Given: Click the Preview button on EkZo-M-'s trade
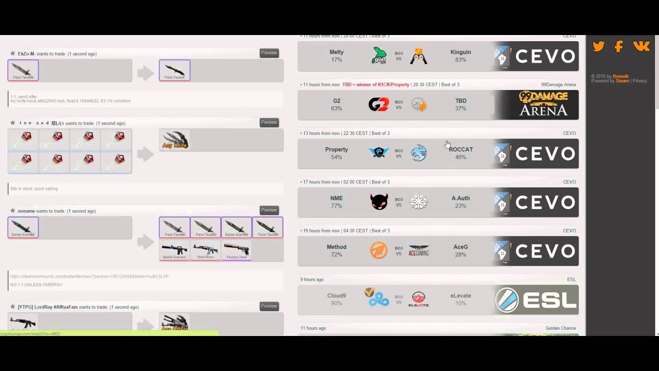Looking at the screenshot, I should tap(269, 53).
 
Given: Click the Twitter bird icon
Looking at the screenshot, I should tap(598, 46).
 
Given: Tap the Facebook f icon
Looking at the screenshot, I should tap(619, 46).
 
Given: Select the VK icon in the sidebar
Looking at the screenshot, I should tap(641, 46).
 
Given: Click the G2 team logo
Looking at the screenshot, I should tap(378, 105).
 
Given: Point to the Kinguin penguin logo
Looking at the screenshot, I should tap(419, 56).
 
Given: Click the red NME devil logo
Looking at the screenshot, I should tap(379, 202).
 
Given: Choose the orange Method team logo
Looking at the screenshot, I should tap(379, 251).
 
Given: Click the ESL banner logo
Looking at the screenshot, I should tap(536, 300).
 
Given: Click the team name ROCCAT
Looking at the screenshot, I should tap(461, 149).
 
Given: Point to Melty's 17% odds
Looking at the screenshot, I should tap(336, 60).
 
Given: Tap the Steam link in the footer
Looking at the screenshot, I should tap(622, 81).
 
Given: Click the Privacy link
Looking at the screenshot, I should tap(639, 81).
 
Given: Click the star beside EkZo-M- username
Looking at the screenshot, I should tap(12, 54).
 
